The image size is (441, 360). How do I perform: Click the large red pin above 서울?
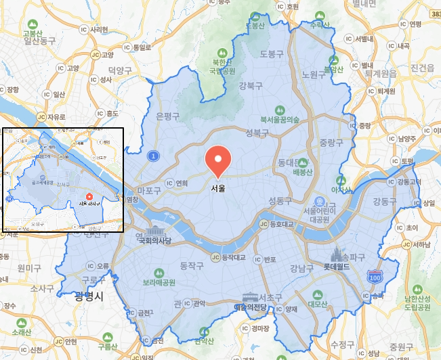pos(218,159)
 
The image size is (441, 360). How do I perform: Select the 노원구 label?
pos(314,74)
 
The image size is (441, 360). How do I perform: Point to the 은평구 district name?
pos(167,116)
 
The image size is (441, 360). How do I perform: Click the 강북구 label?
pos(251,85)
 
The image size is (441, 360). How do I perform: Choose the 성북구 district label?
pos(258,132)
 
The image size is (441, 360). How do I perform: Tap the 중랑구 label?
pos(331,142)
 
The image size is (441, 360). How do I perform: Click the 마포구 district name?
pos(149,191)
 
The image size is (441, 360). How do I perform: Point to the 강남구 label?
pos(301,267)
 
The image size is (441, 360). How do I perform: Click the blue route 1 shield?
pos(154,156)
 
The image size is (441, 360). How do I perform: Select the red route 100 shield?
pos(374,277)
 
